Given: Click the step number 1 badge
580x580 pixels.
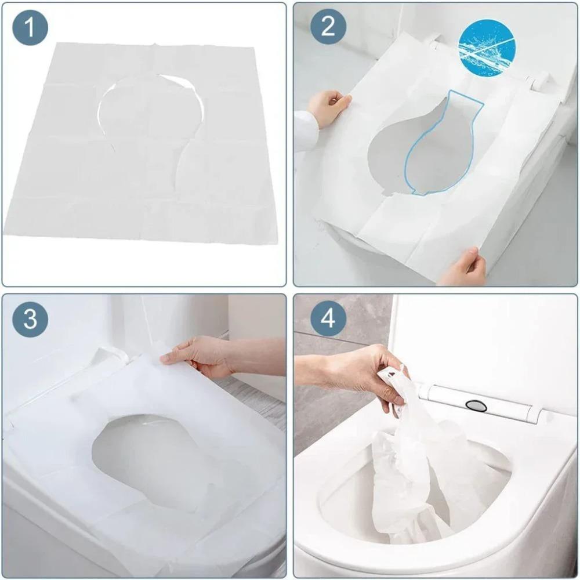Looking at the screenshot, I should [30, 27].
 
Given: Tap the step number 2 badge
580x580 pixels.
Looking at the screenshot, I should [328, 27].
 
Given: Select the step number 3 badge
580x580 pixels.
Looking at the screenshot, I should [30, 319].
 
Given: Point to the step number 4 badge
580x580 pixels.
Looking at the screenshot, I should [328, 319].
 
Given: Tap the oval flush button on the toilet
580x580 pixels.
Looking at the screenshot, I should [476, 405].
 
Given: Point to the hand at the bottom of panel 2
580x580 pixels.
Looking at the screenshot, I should [464, 268].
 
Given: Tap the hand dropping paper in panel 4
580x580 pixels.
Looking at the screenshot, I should [360, 371].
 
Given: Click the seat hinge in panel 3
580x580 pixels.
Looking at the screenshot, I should [110, 357].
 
